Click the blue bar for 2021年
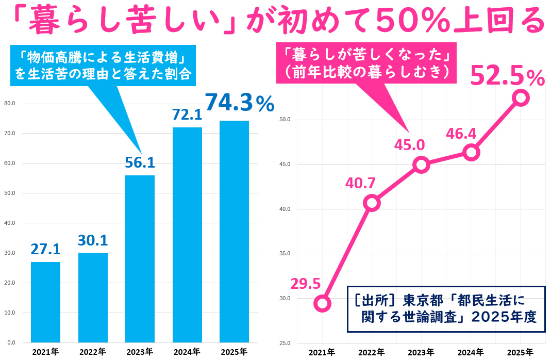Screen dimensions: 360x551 (45, 302)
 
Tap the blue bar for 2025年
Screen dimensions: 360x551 (234, 232)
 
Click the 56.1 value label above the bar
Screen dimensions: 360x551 (140, 162)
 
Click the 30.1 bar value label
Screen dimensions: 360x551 (93, 240)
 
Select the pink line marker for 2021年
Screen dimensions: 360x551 (322, 303)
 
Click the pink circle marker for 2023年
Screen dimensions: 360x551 (421, 165)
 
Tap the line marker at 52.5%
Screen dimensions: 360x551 (521, 98)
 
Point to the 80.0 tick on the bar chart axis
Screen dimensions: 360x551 (9, 103)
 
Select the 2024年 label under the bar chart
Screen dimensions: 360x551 (187, 352)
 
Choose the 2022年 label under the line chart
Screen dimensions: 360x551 (371, 352)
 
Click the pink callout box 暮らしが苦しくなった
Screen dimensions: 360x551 (366, 62)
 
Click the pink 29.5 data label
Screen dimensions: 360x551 (305, 284)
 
